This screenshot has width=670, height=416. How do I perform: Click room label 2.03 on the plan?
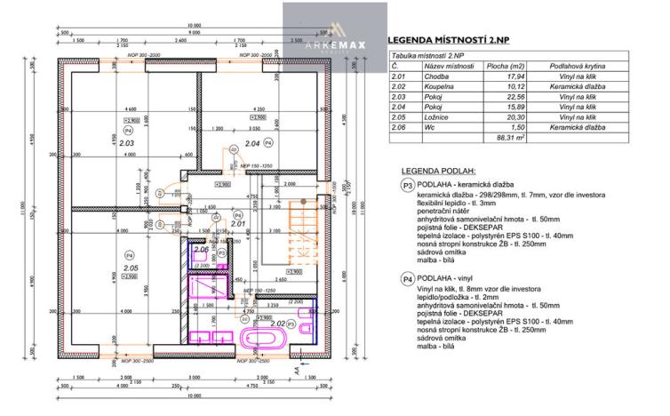125,142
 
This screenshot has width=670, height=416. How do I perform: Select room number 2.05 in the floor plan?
130,267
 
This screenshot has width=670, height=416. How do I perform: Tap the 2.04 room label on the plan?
251,142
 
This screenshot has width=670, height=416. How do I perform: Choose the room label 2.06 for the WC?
201,250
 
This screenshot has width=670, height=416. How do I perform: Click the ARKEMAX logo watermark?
335,33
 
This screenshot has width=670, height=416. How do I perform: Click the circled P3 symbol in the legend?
408,186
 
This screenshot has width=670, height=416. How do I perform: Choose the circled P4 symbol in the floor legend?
408,279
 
